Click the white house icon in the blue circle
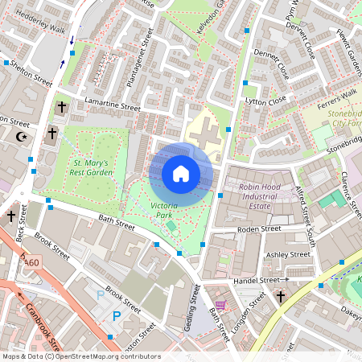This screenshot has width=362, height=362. [x=181, y=174]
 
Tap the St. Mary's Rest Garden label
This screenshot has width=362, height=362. [x=88, y=167]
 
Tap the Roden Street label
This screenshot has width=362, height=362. [x=258, y=229]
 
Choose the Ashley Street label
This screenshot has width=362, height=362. [x=288, y=255]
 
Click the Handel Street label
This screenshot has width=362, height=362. [x=255, y=281]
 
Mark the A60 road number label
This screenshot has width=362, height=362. [x=31, y=262]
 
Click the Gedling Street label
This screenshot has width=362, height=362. [x=194, y=305]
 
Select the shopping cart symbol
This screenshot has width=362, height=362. [x=220, y=305]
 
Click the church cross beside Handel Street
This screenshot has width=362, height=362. [x=281, y=297]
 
